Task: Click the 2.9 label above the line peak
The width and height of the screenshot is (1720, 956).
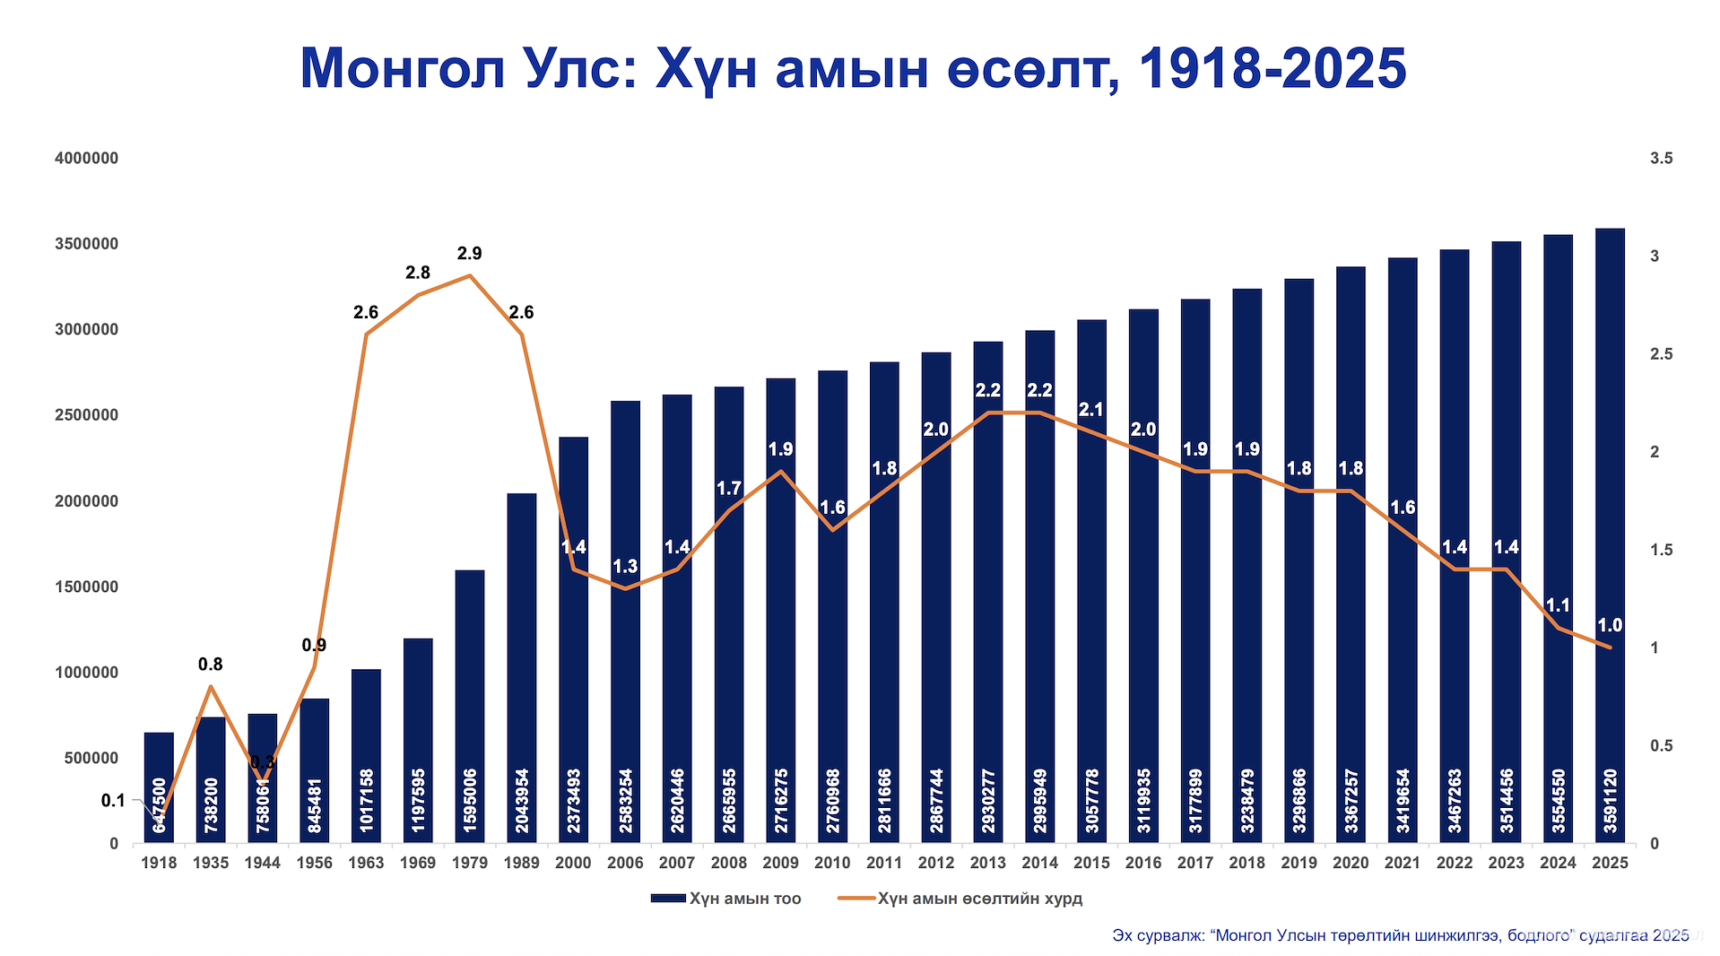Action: [x=469, y=254]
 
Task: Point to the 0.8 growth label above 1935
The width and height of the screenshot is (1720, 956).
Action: [x=210, y=665]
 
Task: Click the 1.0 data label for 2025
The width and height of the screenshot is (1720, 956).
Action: [x=1610, y=625]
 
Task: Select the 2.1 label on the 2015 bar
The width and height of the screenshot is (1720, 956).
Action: [x=1091, y=410]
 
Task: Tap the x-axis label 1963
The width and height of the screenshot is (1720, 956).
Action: [x=366, y=863]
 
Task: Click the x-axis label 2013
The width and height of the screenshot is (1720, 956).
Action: [x=988, y=863]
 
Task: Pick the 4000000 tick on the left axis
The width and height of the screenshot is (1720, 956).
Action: [x=86, y=159]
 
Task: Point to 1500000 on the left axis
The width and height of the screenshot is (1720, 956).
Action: [x=86, y=587]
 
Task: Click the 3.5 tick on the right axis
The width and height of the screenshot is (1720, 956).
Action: [x=1661, y=159]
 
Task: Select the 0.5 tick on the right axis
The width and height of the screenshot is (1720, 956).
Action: [x=1661, y=746]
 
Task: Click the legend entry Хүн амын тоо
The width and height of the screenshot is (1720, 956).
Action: [x=744, y=899]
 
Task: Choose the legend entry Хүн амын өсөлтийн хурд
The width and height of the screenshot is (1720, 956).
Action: [x=979, y=899]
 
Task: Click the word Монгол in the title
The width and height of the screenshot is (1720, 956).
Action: [x=403, y=69]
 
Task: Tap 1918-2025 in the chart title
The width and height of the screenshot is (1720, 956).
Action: [x=1272, y=69]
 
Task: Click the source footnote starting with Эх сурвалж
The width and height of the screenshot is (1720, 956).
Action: [x=1400, y=935]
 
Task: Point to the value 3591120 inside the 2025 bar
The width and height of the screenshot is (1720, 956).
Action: [x=1611, y=801]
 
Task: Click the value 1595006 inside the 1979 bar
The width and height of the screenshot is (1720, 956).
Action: [x=470, y=801]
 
